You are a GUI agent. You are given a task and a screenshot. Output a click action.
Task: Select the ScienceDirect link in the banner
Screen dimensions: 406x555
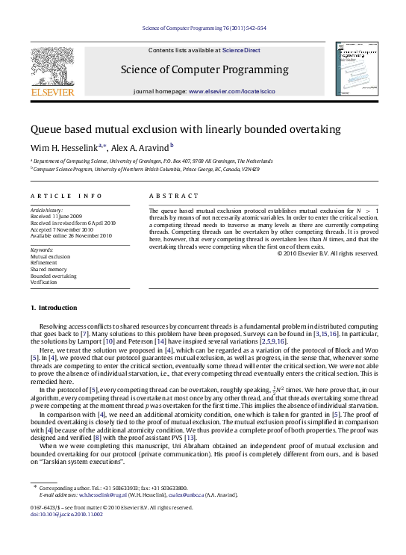tap(240, 50)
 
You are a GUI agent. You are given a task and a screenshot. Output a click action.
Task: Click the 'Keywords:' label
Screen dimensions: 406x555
tap(42, 248)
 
